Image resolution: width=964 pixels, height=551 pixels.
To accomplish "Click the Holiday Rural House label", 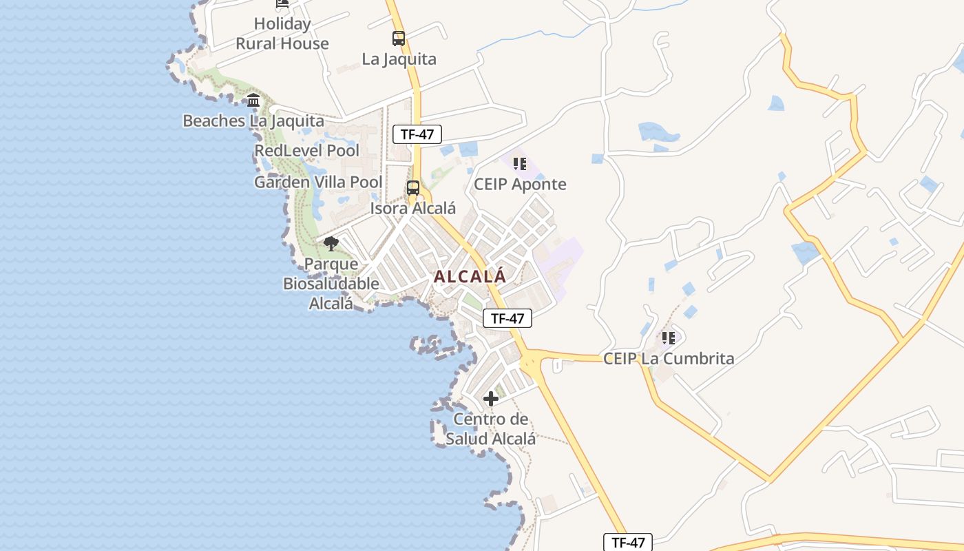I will (282, 34).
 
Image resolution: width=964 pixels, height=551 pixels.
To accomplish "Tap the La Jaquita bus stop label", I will (399, 59).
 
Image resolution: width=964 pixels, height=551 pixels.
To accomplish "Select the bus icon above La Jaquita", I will (399, 39).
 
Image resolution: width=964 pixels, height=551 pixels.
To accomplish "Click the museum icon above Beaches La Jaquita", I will (253, 101).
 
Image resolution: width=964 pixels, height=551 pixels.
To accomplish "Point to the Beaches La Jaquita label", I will (253, 121).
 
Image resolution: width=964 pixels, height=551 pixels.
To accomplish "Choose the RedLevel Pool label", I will (307, 150).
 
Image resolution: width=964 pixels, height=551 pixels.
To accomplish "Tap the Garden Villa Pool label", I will (318, 183).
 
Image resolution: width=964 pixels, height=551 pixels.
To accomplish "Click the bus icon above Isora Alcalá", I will (413, 187).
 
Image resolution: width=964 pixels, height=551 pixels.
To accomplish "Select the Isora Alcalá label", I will (413, 208).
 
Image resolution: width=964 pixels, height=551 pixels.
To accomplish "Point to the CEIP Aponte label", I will (520, 185).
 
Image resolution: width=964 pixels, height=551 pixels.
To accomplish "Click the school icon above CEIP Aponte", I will (520, 164).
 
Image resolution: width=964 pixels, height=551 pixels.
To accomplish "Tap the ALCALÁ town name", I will (470, 277).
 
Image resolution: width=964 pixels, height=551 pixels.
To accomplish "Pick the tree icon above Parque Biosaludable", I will (331, 243).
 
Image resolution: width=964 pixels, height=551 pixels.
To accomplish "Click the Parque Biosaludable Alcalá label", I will (331, 283).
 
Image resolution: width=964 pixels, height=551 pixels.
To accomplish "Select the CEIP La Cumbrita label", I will (669, 359).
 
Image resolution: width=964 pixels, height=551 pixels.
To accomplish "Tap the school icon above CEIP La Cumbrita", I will (669, 338).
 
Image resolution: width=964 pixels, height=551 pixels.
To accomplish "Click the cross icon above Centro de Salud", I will (491, 398).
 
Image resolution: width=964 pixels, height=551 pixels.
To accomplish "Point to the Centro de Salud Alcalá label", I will (491, 429).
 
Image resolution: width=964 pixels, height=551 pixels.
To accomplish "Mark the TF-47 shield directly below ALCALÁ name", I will (507, 318).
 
